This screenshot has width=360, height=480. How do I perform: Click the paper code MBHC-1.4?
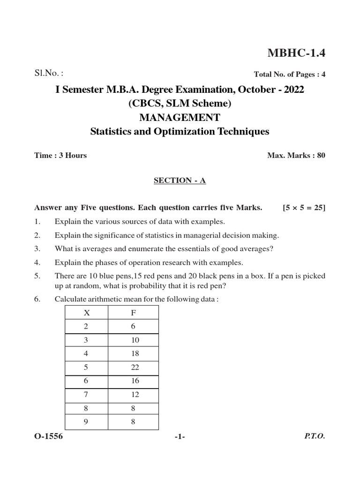point(296,53)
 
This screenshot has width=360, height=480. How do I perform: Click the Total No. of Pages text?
point(289,74)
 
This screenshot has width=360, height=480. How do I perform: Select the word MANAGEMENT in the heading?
point(180,117)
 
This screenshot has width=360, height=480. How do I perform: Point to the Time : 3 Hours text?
point(60,156)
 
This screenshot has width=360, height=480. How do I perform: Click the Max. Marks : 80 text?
point(296,156)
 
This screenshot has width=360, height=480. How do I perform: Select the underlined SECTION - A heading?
point(180,181)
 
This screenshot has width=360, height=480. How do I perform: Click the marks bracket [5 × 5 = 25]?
point(304,208)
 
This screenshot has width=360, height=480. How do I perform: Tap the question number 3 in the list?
point(37,248)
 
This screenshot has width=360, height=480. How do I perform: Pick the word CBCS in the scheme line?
point(145,103)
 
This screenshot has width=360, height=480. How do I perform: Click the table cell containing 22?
point(135,368)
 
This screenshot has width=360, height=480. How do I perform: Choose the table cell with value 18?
point(135,354)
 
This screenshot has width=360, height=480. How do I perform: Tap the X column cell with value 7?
point(86,395)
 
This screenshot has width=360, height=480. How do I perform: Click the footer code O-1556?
point(48,436)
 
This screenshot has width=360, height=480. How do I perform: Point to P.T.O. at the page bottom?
point(314,436)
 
